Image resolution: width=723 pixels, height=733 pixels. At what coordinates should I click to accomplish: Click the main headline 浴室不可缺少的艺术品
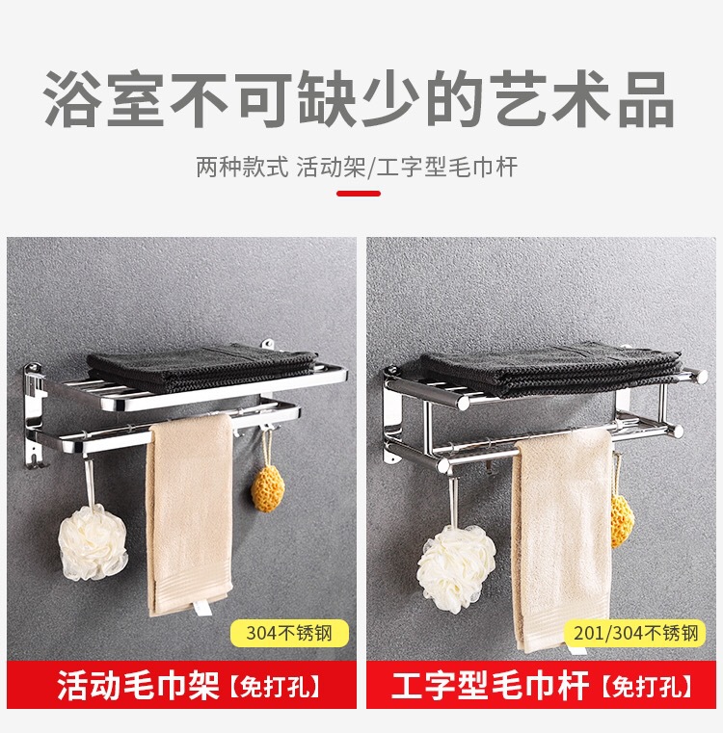[x=360, y=98]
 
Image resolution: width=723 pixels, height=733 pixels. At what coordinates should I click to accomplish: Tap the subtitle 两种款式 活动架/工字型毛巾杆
[x=358, y=167]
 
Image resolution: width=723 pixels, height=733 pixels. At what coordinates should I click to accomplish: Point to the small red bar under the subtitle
[x=359, y=193]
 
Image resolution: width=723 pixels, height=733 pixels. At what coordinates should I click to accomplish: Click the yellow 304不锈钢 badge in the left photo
[x=287, y=634]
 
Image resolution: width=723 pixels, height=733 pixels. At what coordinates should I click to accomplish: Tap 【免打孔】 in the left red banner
[x=275, y=688]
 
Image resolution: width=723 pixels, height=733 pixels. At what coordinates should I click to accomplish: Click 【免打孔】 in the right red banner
[x=646, y=688]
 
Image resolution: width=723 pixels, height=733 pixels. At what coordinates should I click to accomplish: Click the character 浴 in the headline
[x=73, y=98]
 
